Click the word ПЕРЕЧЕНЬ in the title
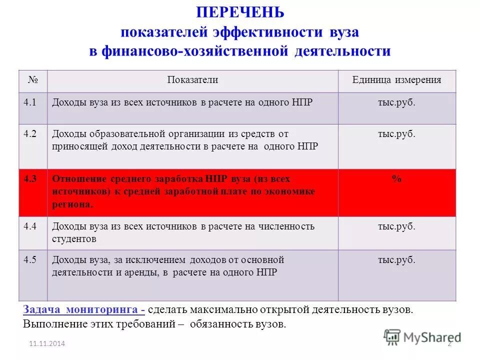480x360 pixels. [239, 12]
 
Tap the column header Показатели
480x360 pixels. [192, 80]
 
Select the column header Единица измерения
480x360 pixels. [396, 80]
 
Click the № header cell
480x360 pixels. [32, 79]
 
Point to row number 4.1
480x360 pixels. [29, 102]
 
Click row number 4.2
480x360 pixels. [29, 134]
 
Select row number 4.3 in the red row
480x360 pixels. [30, 178]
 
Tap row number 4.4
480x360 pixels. [29, 226]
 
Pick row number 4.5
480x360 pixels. [29, 259]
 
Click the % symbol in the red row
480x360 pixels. [396, 179]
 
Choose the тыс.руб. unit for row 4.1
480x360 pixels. [396, 102]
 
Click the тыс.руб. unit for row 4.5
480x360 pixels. [396, 260]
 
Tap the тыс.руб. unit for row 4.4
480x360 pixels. [396, 226]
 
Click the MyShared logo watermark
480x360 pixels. [422, 337]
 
